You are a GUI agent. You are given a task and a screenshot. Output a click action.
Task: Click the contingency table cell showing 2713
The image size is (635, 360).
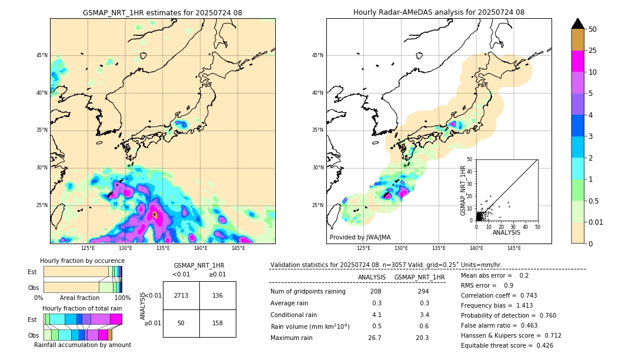[x=181, y=295]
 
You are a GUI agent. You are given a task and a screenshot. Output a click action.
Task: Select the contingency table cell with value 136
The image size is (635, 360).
[x=218, y=295]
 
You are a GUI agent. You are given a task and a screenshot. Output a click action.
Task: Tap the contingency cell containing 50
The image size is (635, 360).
[x=181, y=323]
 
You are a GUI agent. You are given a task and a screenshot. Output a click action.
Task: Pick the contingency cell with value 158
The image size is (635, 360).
[x=218, y=323]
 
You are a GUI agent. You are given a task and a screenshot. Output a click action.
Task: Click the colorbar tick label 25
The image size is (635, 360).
[x=593, y=51]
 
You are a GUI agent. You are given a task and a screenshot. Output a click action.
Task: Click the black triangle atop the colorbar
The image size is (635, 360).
[x=578, y=24]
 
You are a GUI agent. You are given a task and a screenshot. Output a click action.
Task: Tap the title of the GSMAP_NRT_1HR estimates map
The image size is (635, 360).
[x=162, y=12]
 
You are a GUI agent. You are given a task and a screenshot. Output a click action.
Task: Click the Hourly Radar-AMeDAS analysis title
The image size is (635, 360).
[x=439, y=12]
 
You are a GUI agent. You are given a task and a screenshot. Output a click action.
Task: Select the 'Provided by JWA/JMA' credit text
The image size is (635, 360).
[x=360, y=238]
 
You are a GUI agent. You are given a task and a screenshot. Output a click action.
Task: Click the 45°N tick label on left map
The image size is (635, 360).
[x=42, y=55]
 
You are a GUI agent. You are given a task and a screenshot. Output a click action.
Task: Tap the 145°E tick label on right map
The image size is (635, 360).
[x=514, y=248]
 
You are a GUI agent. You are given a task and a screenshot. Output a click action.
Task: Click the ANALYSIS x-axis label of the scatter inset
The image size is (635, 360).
[x=506, y=232]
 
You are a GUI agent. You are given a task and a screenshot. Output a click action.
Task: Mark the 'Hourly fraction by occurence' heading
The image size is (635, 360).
[x=82, y=261]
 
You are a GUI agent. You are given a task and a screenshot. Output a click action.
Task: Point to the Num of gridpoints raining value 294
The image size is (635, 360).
[x=419, y=292]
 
